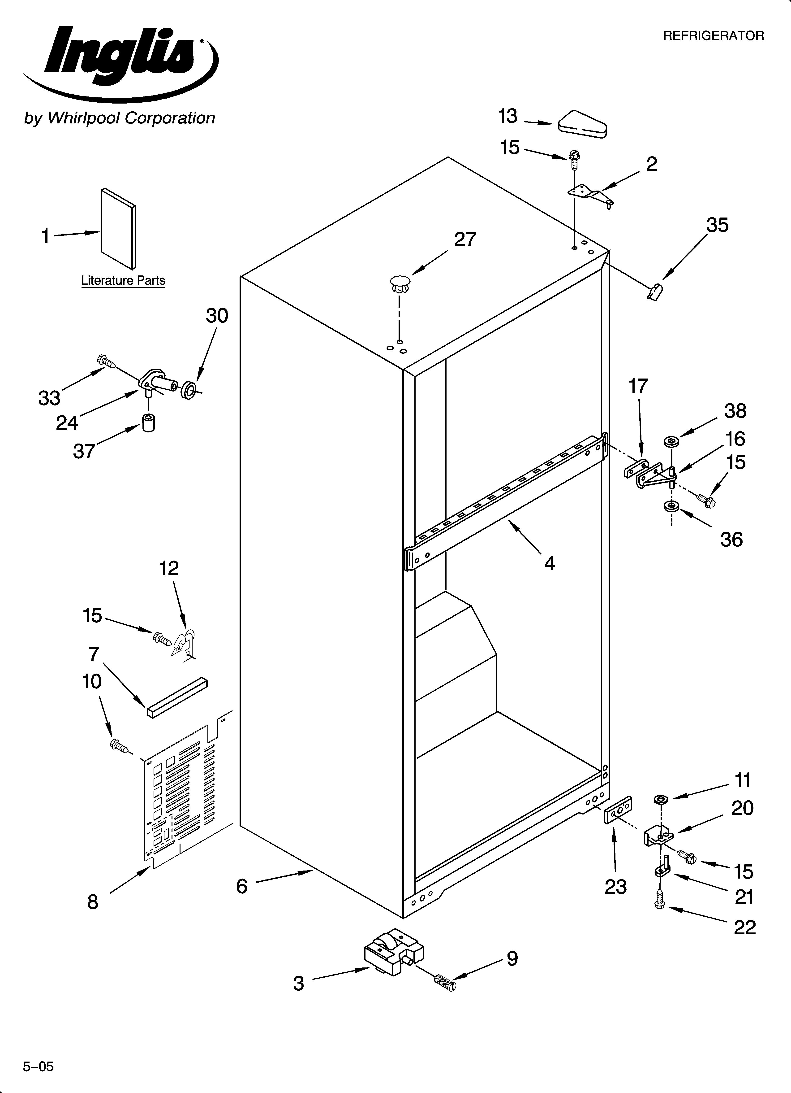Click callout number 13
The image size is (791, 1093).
click(508, 117)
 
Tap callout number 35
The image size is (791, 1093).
click(717, 226)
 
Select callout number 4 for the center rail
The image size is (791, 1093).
click(550, 563)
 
